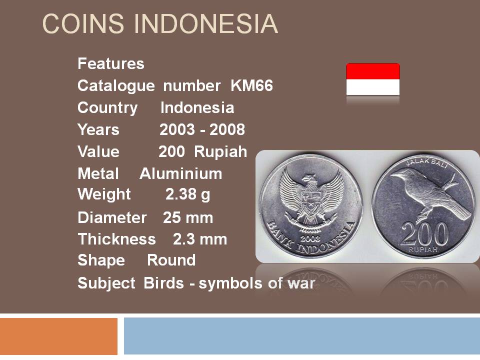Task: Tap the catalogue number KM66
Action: point(251,85)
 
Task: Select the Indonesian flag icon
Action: point(373,79)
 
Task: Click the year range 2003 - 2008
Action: point(202,129)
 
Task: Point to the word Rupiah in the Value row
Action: point(220,151)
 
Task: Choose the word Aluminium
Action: point(181,173)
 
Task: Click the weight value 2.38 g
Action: point(188,194)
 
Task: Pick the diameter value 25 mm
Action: point(188,218)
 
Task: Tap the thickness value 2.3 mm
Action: point(200,239)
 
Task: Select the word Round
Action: point(171,260)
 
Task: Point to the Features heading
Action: point(111,63)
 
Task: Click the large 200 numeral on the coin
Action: point(424,234)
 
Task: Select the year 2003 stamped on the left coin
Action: point(310,238)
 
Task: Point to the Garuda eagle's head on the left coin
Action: point(310,179)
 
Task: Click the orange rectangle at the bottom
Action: point(58,336)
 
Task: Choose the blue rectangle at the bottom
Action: point(302,336)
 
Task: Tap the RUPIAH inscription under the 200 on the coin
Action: point(423,250)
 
